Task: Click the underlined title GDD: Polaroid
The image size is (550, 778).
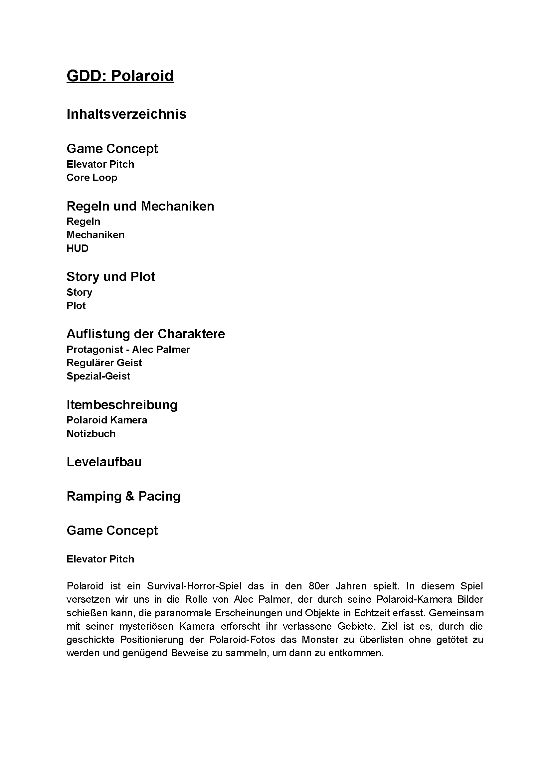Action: tap(120, 76)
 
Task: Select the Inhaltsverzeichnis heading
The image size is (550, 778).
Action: tap(126, 114)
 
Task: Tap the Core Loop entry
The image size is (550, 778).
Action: tap(92, 178)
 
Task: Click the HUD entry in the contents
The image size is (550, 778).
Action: tap(77, 248)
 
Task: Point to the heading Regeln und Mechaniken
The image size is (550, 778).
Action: tap(140, 206)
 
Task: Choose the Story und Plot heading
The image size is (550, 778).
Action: tap(110, 277)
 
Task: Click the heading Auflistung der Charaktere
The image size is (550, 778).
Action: tap(146, 334)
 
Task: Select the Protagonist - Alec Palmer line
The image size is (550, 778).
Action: tap(128, 349)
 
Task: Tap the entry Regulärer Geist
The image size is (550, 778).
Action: tap(104, 363)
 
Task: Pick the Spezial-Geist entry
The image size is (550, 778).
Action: tap(98, 376)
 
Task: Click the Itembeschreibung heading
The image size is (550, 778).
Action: tap(122, 404)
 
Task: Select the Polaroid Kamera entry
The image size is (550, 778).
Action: tap(107, 420)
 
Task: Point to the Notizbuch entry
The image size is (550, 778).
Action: tap(91, 434)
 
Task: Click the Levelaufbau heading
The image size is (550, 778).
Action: tap(104, 462)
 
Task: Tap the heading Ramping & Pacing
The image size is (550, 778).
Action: tap(123, 496)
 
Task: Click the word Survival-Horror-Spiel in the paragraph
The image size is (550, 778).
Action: tap(194, 586)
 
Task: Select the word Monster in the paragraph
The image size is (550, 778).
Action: tap(320, 640)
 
